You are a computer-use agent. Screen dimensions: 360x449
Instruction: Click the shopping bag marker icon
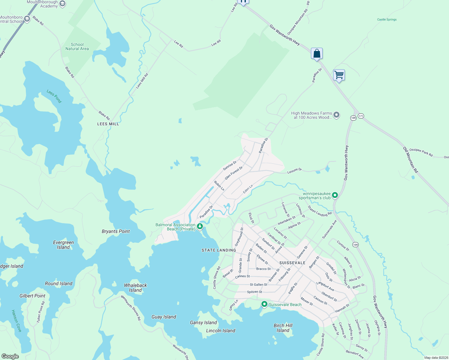pos(317,54)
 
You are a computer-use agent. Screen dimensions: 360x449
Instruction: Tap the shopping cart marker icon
pos(339,75)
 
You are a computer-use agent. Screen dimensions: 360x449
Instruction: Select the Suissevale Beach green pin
pos(264,304)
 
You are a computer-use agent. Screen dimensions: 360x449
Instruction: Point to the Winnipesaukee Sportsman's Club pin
pos(335,195)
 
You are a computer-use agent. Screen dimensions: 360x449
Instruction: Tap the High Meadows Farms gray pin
pos(336,115)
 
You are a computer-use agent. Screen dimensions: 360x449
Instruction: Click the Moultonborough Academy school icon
pos(62,4)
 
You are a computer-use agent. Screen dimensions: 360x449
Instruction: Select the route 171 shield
pos(361,116)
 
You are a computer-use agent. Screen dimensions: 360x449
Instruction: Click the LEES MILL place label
pos(108,124)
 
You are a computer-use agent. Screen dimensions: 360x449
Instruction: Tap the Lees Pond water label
pos(54,96)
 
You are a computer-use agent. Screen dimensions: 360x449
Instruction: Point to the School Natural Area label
pos(77,46)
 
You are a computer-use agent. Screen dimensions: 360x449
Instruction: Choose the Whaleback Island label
pos(135,288)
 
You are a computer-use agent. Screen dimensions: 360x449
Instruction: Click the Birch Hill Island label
pos(283,328)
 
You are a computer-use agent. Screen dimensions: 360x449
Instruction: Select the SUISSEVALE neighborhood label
pos(292,263)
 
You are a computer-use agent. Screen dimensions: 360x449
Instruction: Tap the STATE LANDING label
pos(219,250)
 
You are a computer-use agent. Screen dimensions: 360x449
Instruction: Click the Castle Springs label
pos(387,19)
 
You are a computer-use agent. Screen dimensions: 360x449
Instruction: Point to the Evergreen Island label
pos(63,245)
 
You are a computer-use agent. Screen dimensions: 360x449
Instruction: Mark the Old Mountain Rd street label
pos(410,160)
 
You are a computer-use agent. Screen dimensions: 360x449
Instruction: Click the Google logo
pos(10,356)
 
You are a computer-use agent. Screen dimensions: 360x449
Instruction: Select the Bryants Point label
pos(116,231)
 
